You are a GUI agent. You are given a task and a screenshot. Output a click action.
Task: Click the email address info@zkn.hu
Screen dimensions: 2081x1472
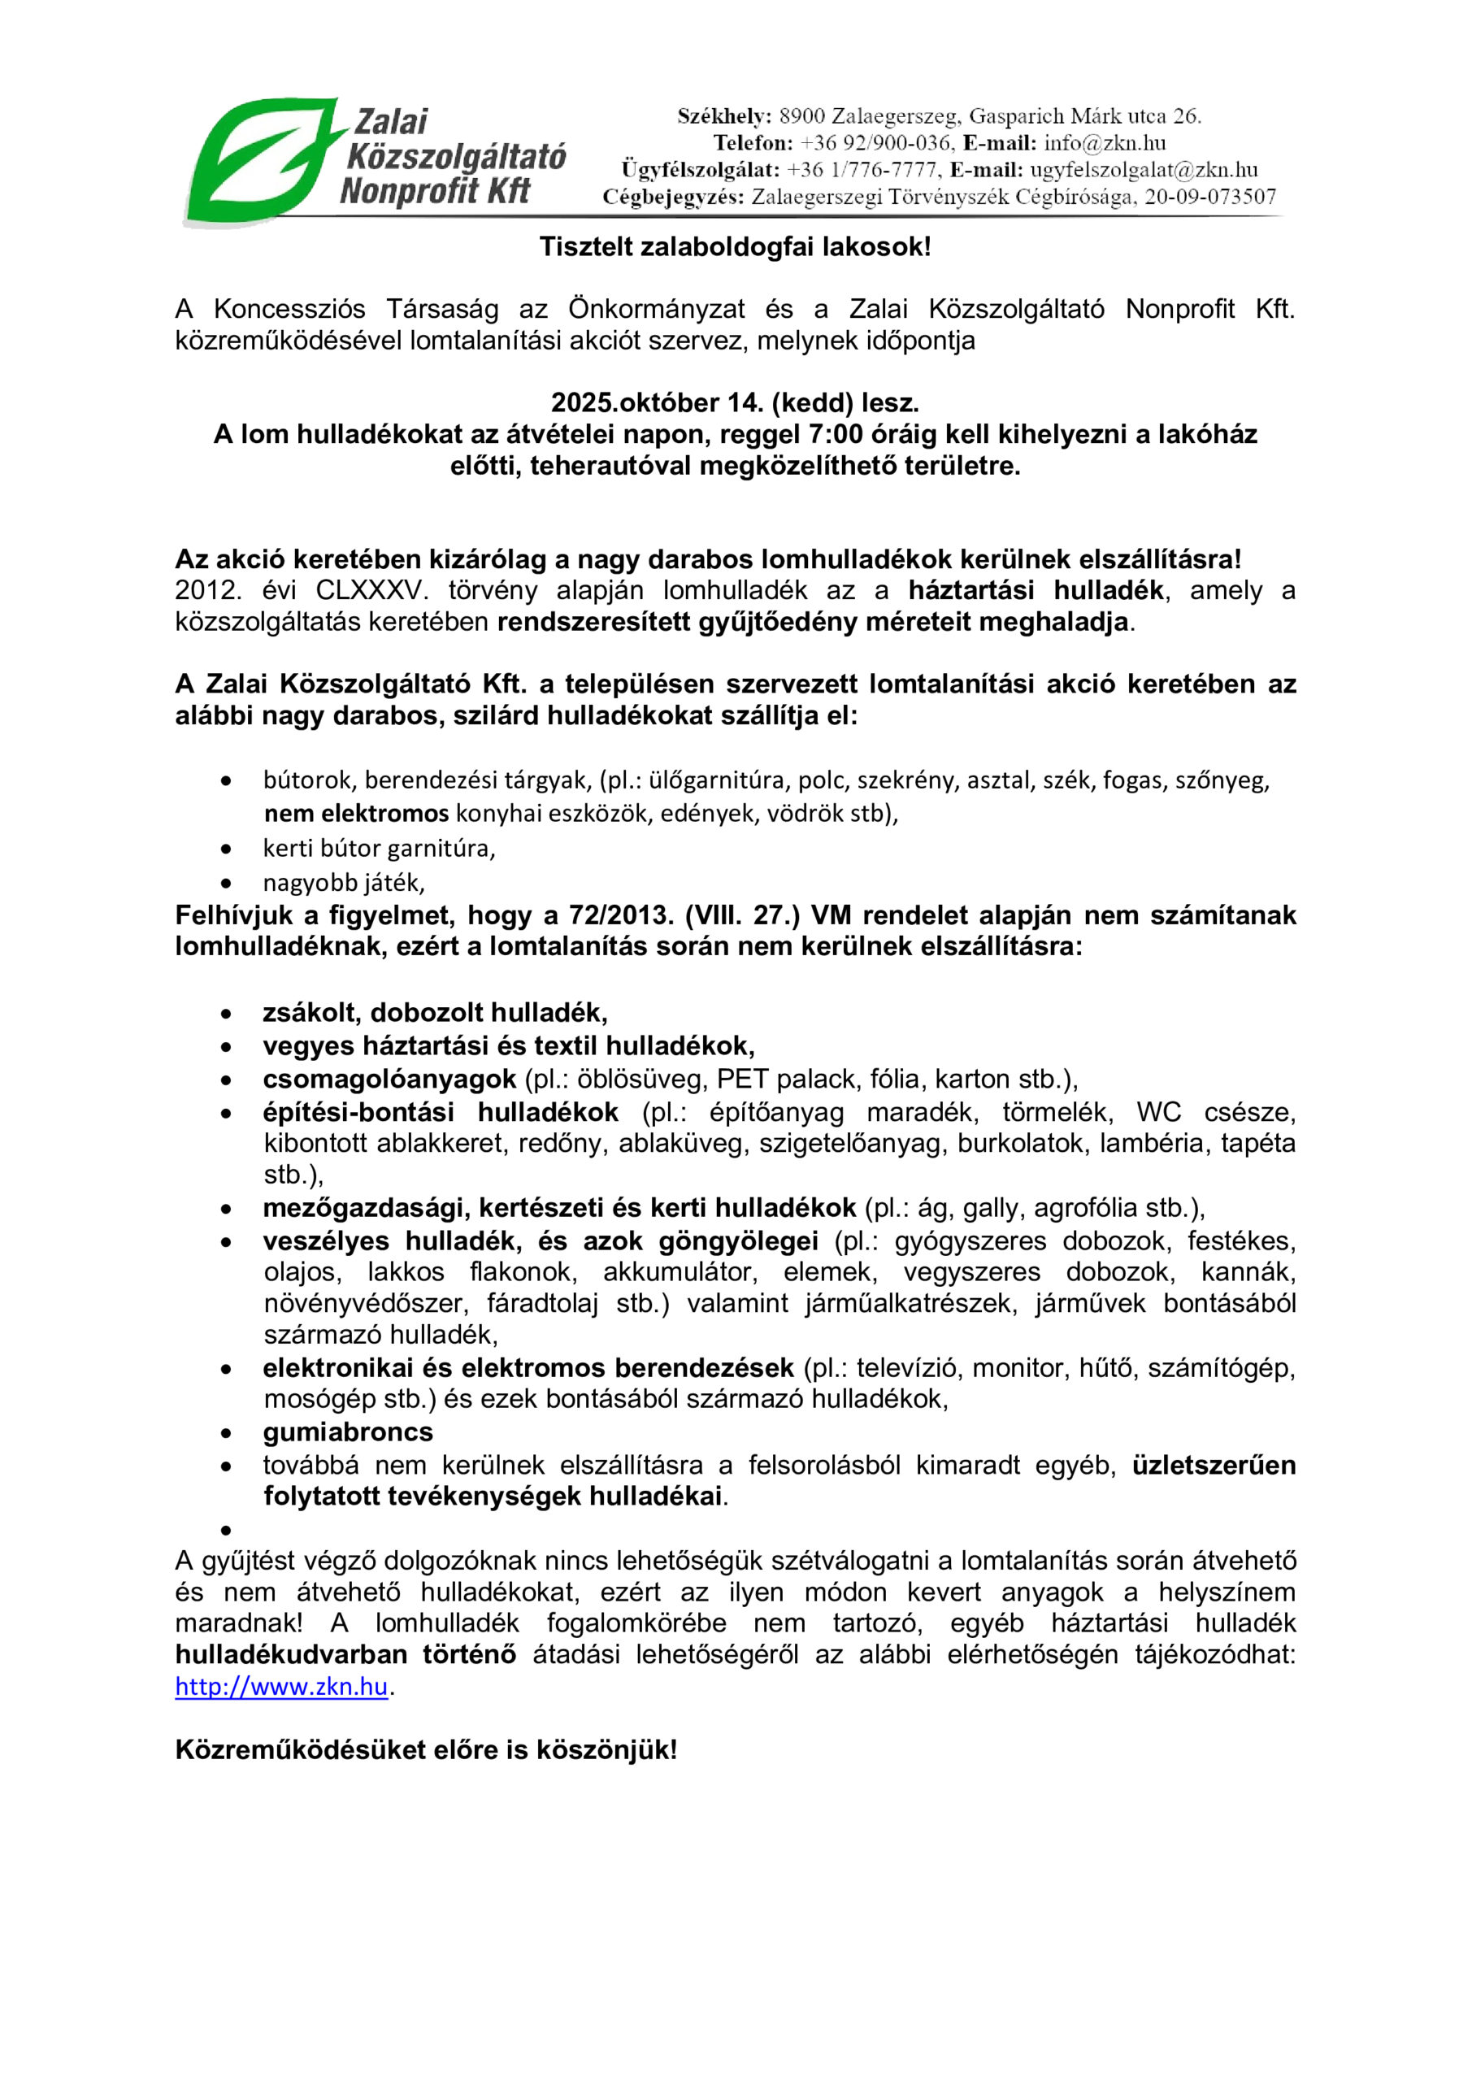click(x=1104, y=143)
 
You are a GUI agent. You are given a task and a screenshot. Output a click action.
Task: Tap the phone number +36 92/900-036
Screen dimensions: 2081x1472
click(x=875, y=143)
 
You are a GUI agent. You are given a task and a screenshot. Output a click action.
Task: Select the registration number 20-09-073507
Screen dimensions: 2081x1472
click(x=1209, y=197)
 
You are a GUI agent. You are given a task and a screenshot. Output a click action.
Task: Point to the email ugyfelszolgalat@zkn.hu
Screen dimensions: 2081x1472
click(x=1143, y=170)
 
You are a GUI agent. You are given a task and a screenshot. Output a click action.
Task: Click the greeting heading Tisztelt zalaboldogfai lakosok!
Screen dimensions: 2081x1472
click(x=735, y=246)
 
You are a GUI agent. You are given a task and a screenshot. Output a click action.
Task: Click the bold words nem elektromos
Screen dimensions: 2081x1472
click(x=356, y=813)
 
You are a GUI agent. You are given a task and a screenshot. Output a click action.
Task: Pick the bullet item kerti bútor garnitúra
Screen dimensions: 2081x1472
click(x=379, y=849)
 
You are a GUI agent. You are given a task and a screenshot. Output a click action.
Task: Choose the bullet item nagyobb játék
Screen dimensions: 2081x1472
click(x=344, y=882)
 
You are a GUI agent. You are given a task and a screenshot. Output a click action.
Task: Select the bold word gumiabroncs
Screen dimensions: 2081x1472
click(x=348, y=1432)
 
